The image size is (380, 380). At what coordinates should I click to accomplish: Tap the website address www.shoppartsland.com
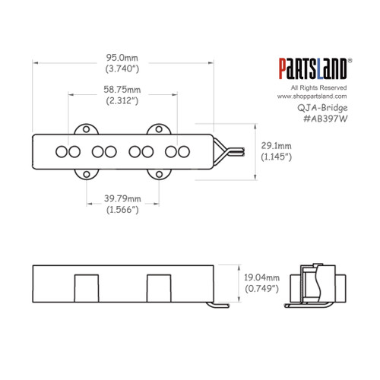312,97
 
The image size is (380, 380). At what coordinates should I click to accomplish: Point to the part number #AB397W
319,118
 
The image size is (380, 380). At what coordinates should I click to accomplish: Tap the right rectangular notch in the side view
158,288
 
